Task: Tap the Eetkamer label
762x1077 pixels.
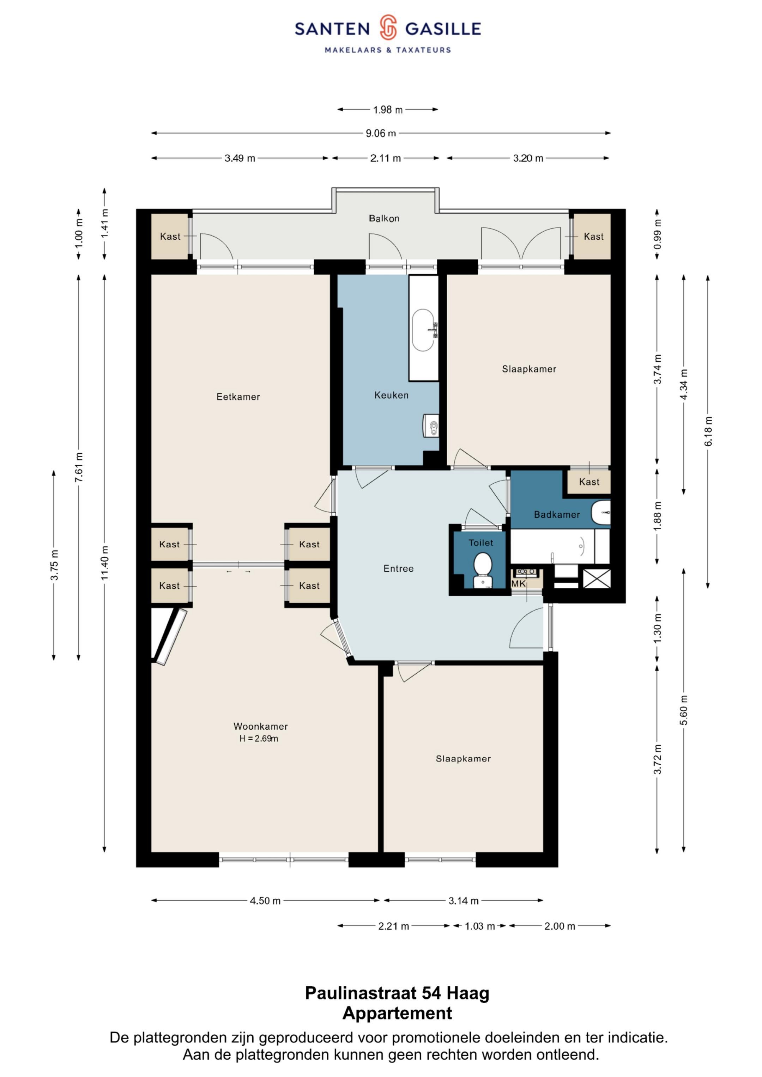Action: click(x=238, y=397)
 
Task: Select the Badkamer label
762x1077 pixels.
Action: click(x=557, y=515)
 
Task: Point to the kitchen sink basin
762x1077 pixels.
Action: click(x=423, y=330)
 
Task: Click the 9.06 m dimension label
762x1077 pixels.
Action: click(x=381, y=133)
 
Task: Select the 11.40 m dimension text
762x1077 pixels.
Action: click(x=104, y=563)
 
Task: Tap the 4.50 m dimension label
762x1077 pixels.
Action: click(x=265, y=901)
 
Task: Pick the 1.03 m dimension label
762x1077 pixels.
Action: click(x=480, y=926)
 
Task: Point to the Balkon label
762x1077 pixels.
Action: click(x=384, y=218)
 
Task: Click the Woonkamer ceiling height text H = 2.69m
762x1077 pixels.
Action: click(x=259, y=738)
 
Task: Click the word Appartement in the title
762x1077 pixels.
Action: click(x=397, y=1013)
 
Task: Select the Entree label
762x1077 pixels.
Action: click(x=399, y=569)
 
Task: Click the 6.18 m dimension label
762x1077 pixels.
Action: click(x=708, y=431)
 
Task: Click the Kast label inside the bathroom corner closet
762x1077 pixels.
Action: click(x=589, y=482)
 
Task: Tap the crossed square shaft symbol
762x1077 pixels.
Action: click(x=597, y=579)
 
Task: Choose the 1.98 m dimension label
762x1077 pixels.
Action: click(x=388, y=110)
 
